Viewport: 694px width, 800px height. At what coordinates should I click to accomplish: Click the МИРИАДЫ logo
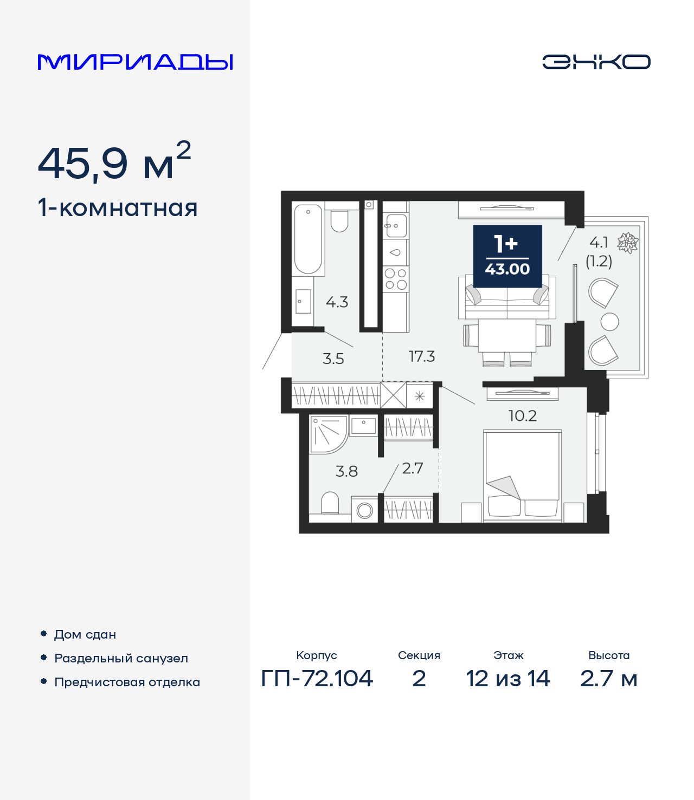[x=136, y=62]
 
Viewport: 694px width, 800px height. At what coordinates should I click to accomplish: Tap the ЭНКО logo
[x=596, y=62]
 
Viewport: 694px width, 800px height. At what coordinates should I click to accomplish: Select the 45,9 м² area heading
[x=114, y=162]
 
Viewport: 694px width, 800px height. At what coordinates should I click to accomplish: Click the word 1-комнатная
[x=118, y=208]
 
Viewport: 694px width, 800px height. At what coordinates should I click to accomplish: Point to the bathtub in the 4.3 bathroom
[x=308, y=239]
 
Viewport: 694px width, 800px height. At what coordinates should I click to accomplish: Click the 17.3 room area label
[x=422, y=356]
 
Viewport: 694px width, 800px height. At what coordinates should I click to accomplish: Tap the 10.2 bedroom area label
[x=523, y=416]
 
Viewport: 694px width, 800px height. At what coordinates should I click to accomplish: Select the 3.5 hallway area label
[x=333, y=359]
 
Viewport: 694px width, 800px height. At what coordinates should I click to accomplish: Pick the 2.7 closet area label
[x=413, y=469]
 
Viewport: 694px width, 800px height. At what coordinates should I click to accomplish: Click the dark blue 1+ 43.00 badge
[x=507, y=256]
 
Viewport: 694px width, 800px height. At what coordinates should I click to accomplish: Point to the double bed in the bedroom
[x=522, y=476]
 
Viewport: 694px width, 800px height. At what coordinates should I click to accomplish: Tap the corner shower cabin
[x=327, y=433]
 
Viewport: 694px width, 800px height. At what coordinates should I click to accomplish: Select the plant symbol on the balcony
[x=628, y=243]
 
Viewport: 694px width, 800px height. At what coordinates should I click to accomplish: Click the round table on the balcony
[x=610, y=322]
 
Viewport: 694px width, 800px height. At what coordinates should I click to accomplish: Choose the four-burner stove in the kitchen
[x=396, y=279]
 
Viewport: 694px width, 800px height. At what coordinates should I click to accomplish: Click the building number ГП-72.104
[x=317, y=678]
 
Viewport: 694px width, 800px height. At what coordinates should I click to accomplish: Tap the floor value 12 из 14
[x=508, y=678]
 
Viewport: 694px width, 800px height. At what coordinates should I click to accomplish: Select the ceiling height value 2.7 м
[x=609, y=678]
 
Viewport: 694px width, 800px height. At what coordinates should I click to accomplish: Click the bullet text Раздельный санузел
[x=121, y=658]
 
